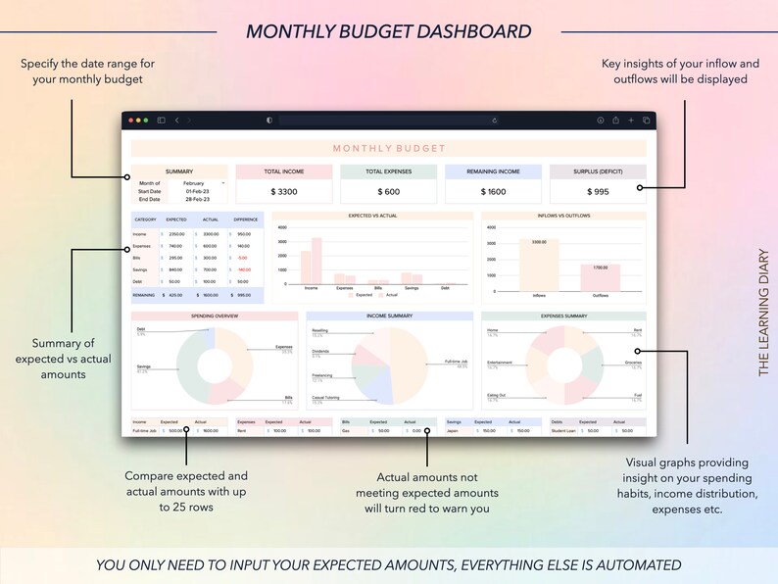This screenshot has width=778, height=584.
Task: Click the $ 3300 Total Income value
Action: tap(283, 192)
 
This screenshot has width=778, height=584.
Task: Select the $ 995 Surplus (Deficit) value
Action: tap(598, 192)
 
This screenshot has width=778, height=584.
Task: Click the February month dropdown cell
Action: tap(196, 183)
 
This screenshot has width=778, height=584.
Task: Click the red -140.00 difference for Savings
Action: tap(243, 269)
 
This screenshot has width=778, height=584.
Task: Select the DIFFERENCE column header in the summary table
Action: tap(246, 219)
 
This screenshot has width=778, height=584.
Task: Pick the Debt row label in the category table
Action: tap(139, 281)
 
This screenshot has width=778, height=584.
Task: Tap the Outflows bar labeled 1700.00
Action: tap(600, 276)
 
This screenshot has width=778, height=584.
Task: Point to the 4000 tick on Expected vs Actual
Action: tap(282, 227)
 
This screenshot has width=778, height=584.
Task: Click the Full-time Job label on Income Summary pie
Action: tap(456, 362)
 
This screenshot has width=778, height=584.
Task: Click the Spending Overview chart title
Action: tap(215, 316)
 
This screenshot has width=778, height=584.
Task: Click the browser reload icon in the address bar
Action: tap(495, 121)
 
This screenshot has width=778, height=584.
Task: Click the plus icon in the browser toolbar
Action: tap(631, 121)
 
